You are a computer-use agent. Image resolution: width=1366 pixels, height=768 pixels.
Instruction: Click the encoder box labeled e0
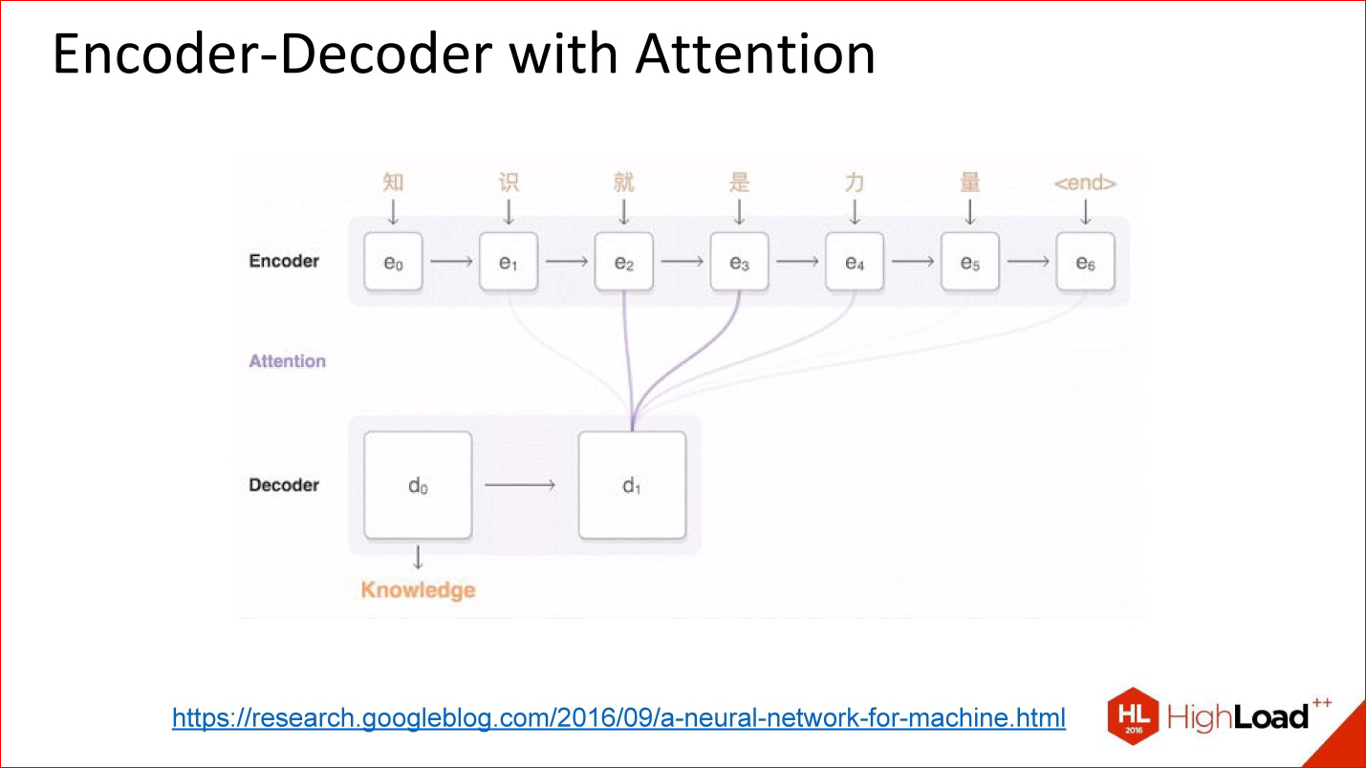click(393, 261)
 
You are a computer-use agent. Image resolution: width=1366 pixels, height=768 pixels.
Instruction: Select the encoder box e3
click(739, 261)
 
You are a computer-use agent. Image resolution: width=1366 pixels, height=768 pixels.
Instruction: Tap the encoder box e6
click(1085, 261)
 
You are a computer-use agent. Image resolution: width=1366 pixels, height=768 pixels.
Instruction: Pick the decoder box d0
click(418, 485)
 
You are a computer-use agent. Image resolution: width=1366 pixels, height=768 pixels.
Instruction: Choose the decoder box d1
click(632, 485)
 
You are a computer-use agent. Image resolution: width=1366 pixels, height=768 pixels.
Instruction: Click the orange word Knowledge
click(418, 589)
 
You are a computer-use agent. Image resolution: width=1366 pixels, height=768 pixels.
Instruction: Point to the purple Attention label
click(287, 361)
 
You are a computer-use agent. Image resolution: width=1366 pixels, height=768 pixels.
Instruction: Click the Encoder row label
click(284, 261)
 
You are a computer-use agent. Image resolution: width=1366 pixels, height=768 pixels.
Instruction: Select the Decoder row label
click(284, 485)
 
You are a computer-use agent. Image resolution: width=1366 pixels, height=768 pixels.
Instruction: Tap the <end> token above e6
click(1085, 183)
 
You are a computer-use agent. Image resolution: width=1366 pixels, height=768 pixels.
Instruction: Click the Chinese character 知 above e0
click(393, 182)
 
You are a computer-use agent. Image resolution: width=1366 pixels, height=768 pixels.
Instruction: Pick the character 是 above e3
click(739, 182)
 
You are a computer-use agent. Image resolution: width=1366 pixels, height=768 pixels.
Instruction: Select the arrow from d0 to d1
click(520, 485)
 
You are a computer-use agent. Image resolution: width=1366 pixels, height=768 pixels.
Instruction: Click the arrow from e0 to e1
click(451, 261)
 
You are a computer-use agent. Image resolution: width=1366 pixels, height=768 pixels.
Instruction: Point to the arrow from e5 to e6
click(1028, 261)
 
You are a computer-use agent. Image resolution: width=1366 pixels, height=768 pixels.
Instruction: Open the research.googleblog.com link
click(618, 717)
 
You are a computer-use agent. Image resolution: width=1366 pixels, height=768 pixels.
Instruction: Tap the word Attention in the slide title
click(755, 54)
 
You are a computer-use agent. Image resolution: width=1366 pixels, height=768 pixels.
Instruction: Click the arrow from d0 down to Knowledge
click(418, 558)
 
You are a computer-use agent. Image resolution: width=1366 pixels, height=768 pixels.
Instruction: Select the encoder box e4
click(855, 261)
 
